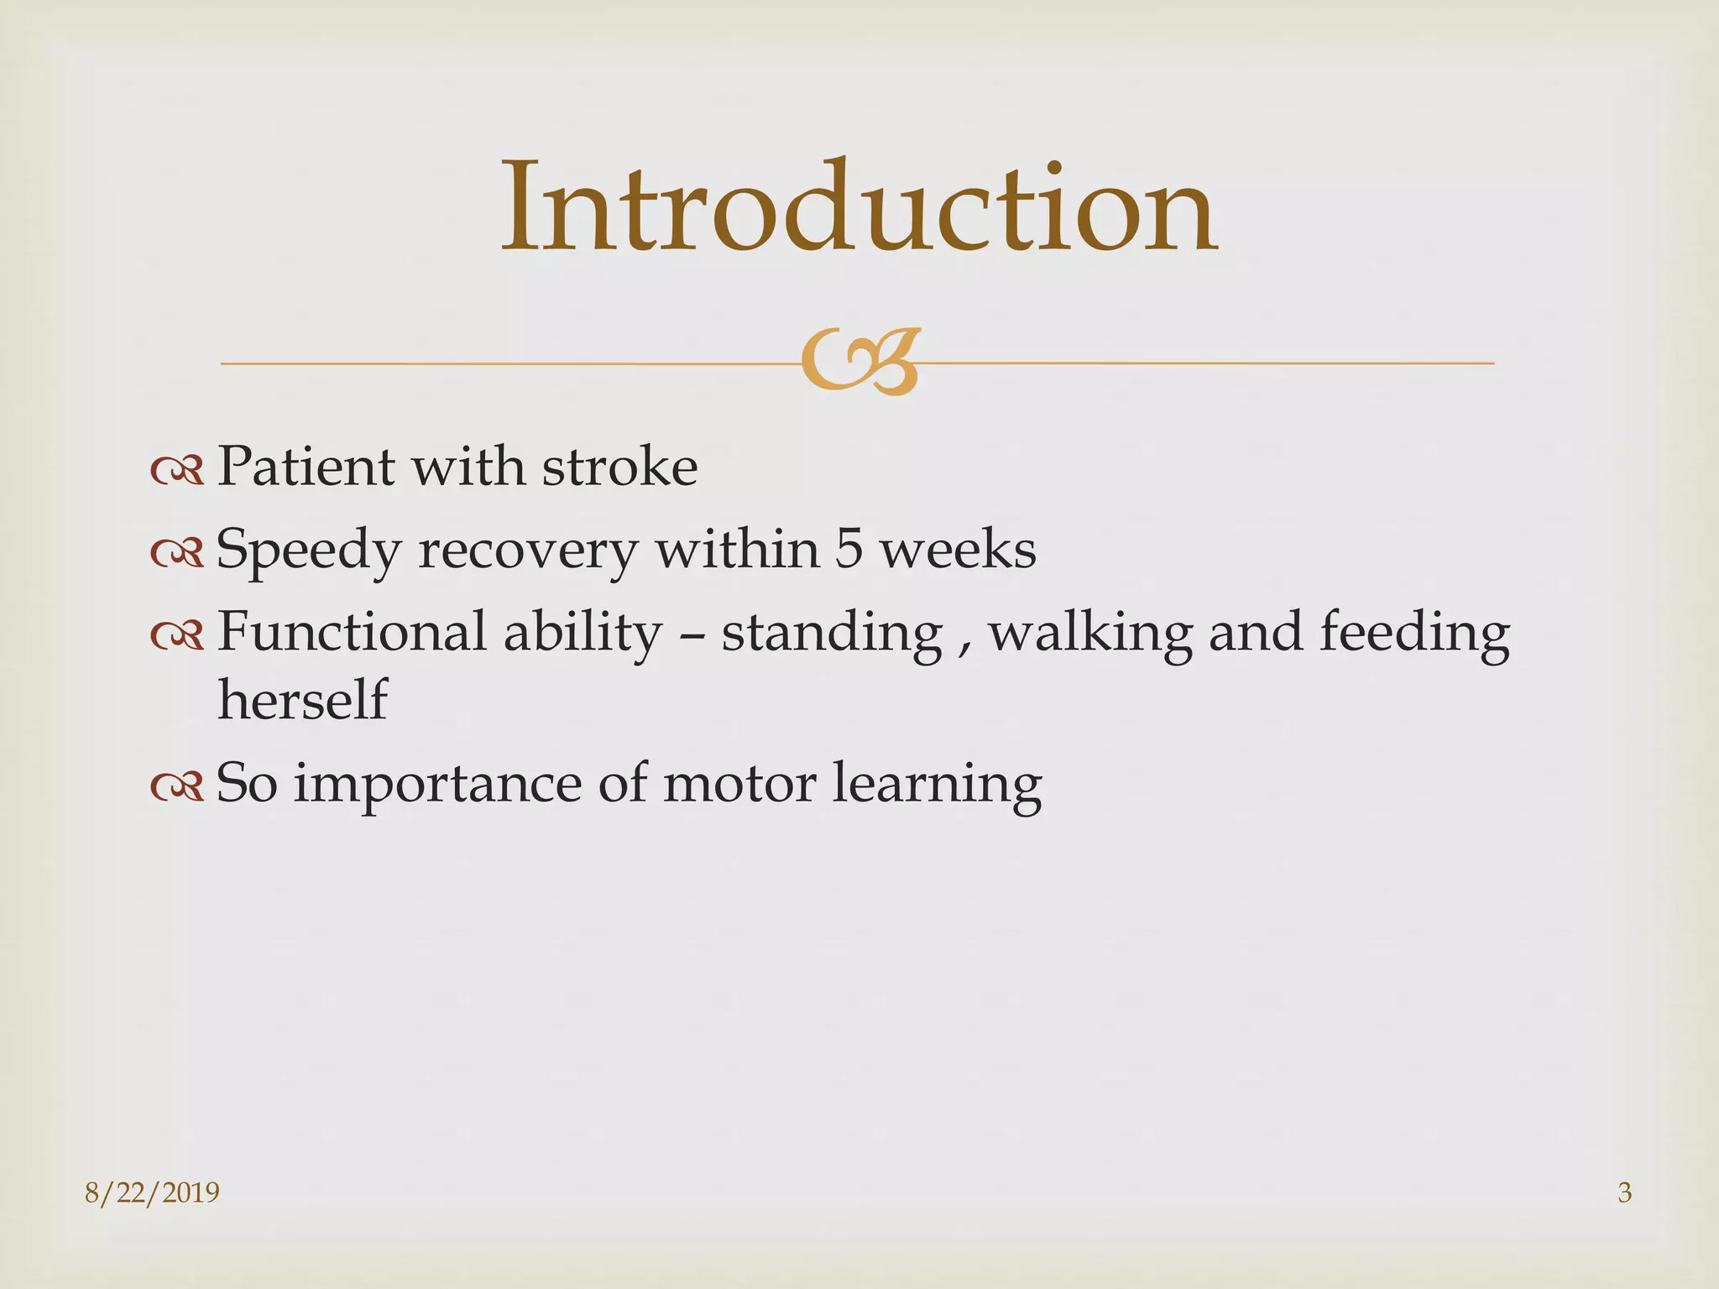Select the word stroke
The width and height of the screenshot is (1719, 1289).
coord(619,467)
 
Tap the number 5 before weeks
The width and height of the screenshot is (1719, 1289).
coord(848,551)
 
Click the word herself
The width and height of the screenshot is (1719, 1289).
coord(302,700)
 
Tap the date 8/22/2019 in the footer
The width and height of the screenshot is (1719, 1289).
coord(152,1192)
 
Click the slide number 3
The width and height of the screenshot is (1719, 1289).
coord(1624,1192)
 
